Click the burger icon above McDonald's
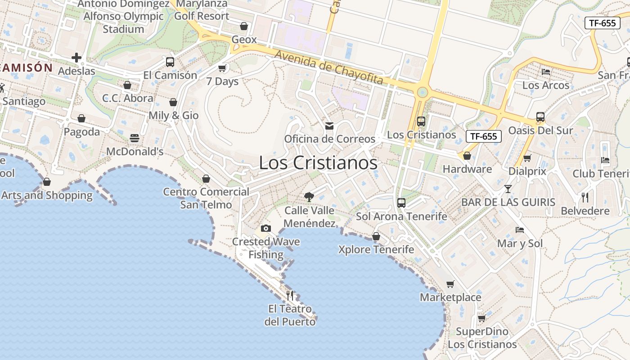[x=134, y=138]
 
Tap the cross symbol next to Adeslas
[x=76, y=58]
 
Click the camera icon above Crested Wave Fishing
[x=266, y=228]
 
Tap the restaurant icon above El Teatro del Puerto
[x=290, y=295]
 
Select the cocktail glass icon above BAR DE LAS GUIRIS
[x=508, y=189]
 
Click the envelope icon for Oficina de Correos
[x=329, y=126]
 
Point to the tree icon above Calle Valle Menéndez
[x=309, y=197]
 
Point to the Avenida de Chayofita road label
[x=328, y=67]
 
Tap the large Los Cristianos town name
[x=318, y=163]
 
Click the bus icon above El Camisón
[x=170, y=62]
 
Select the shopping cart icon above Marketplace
[x=450, y=284]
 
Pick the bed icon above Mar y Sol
[x=520, y=230]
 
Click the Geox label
[x=244, y=40]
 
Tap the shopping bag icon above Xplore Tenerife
[x=376, y=236]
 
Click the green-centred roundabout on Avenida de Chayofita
[x=422, y=92]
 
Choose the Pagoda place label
[x=81, y=132]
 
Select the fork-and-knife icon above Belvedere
[x=585, y=197]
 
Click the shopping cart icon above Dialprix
[x=527, y=158]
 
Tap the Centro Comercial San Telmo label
[x=206, y=198]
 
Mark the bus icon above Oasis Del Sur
[x=540, y=117]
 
